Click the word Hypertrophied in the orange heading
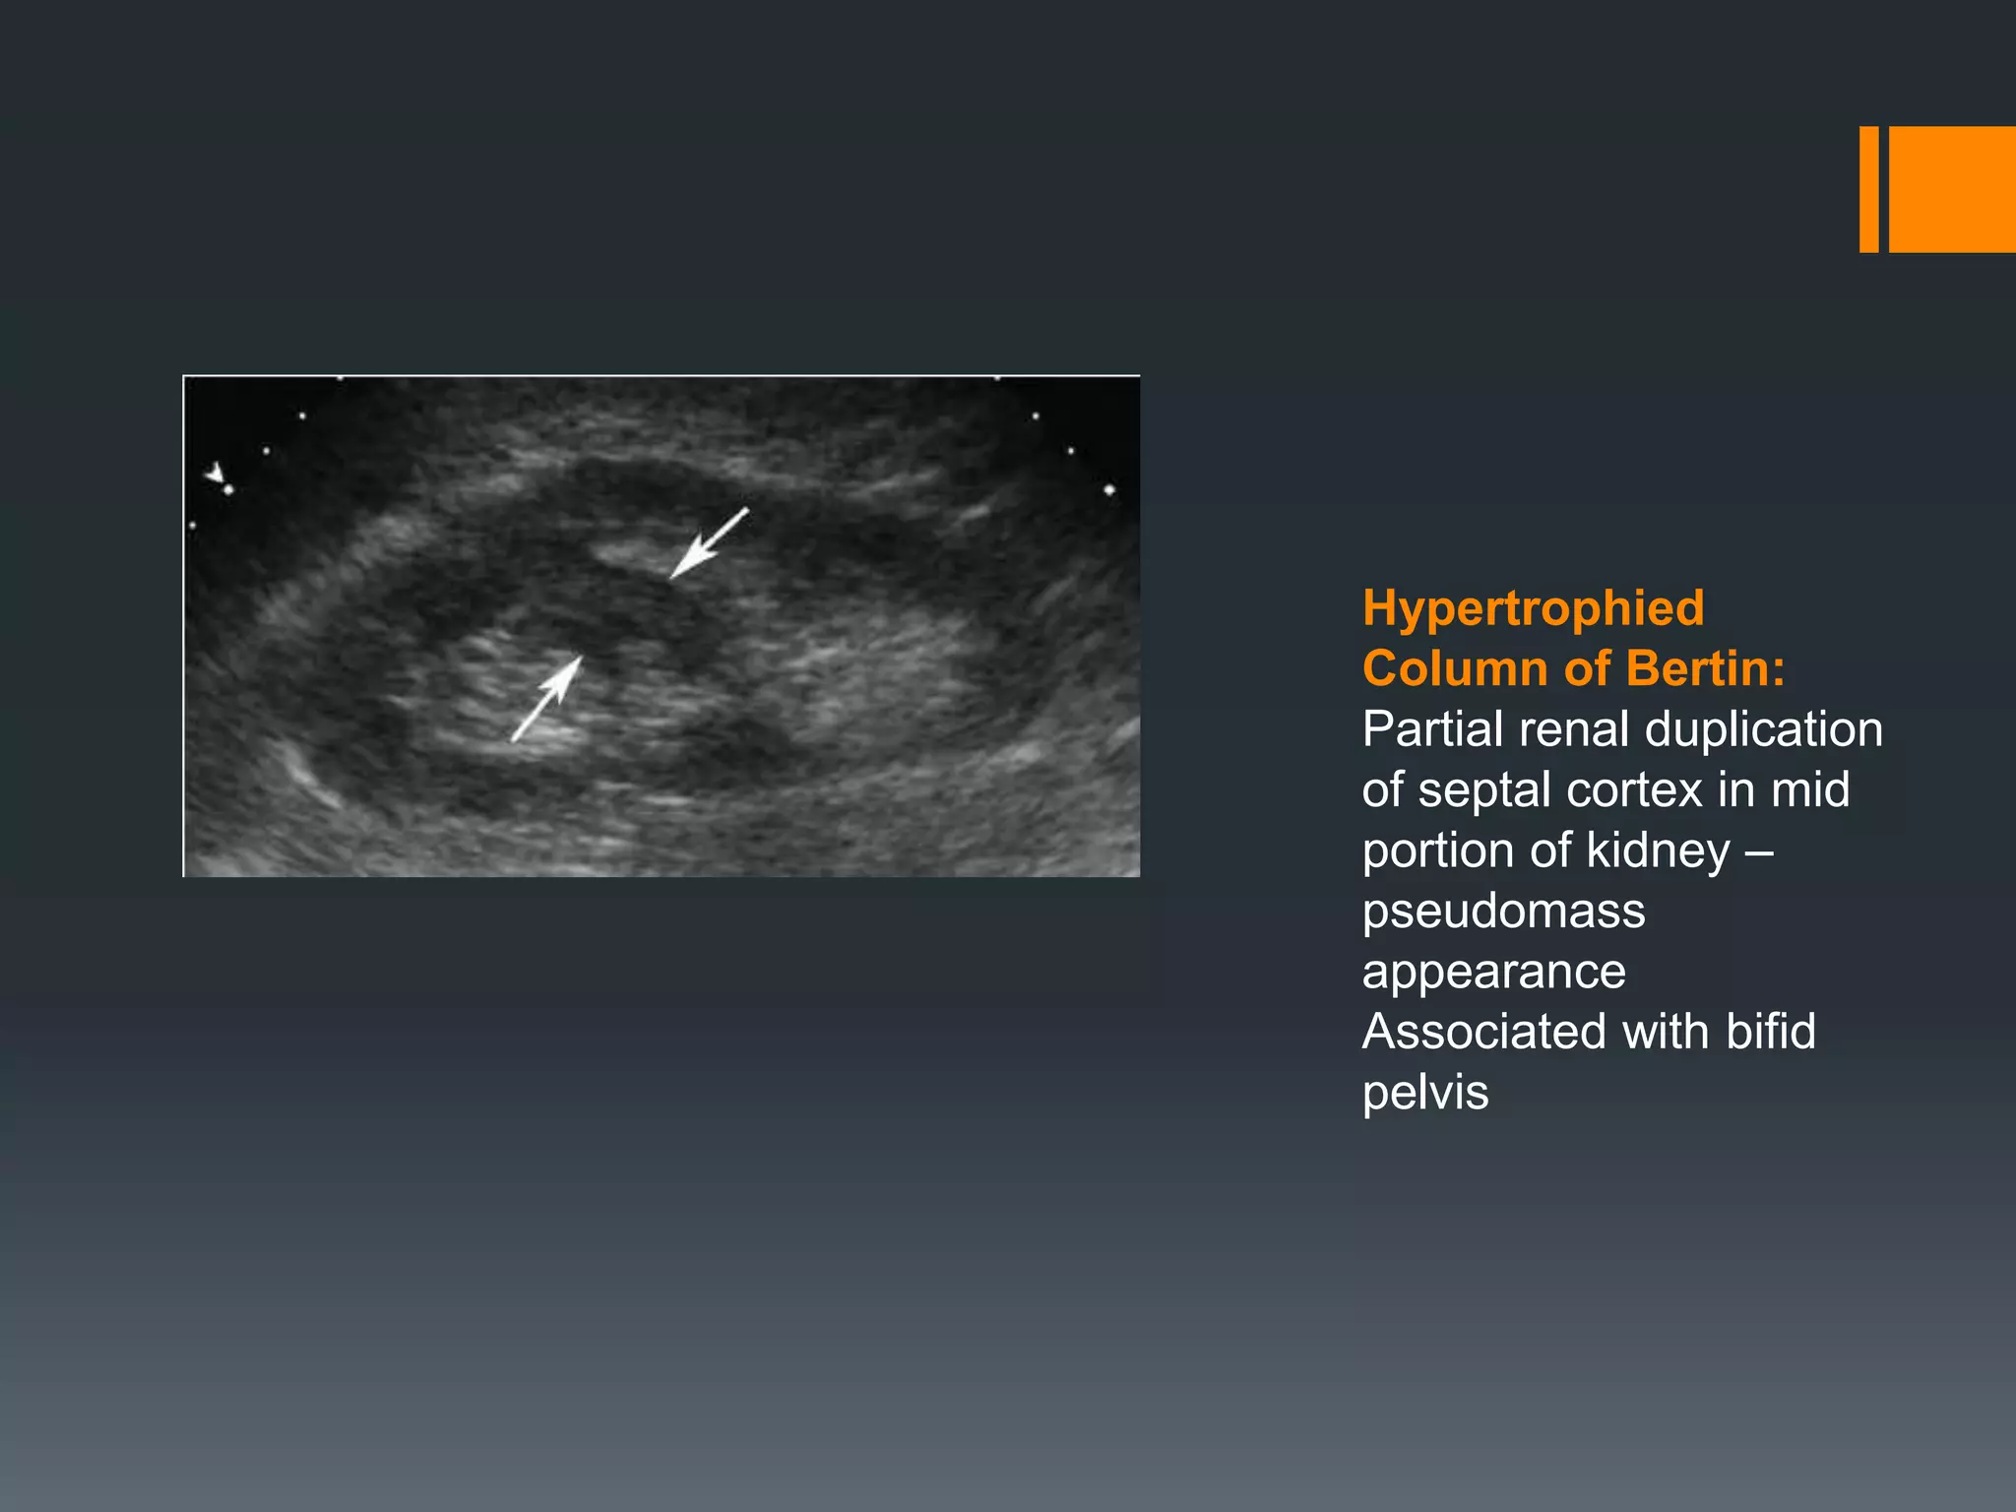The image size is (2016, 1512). pyautogui.click(x=1533, y=608)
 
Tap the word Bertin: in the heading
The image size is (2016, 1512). pyautogui.click(x=1705, y=668)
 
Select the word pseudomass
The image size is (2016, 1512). pyautogui.click(x=1503, y=912)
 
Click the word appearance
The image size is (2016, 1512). pyautogui.click(x=1493, y=973)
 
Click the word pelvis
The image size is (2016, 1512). pyautogui.click(x=1424, y=1094)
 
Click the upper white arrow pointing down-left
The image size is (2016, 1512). pyautogui.click(x=708, y=543)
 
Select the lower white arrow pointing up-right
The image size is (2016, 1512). pyautogui.click(x=547, y=699)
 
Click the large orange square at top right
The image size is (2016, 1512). pyautogui.click(x=1952, y=189)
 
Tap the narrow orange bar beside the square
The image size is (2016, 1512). pyautogui.click(x=1868, y=189)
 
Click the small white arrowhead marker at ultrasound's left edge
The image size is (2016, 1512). pyautogui.click(x=215, y=473)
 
